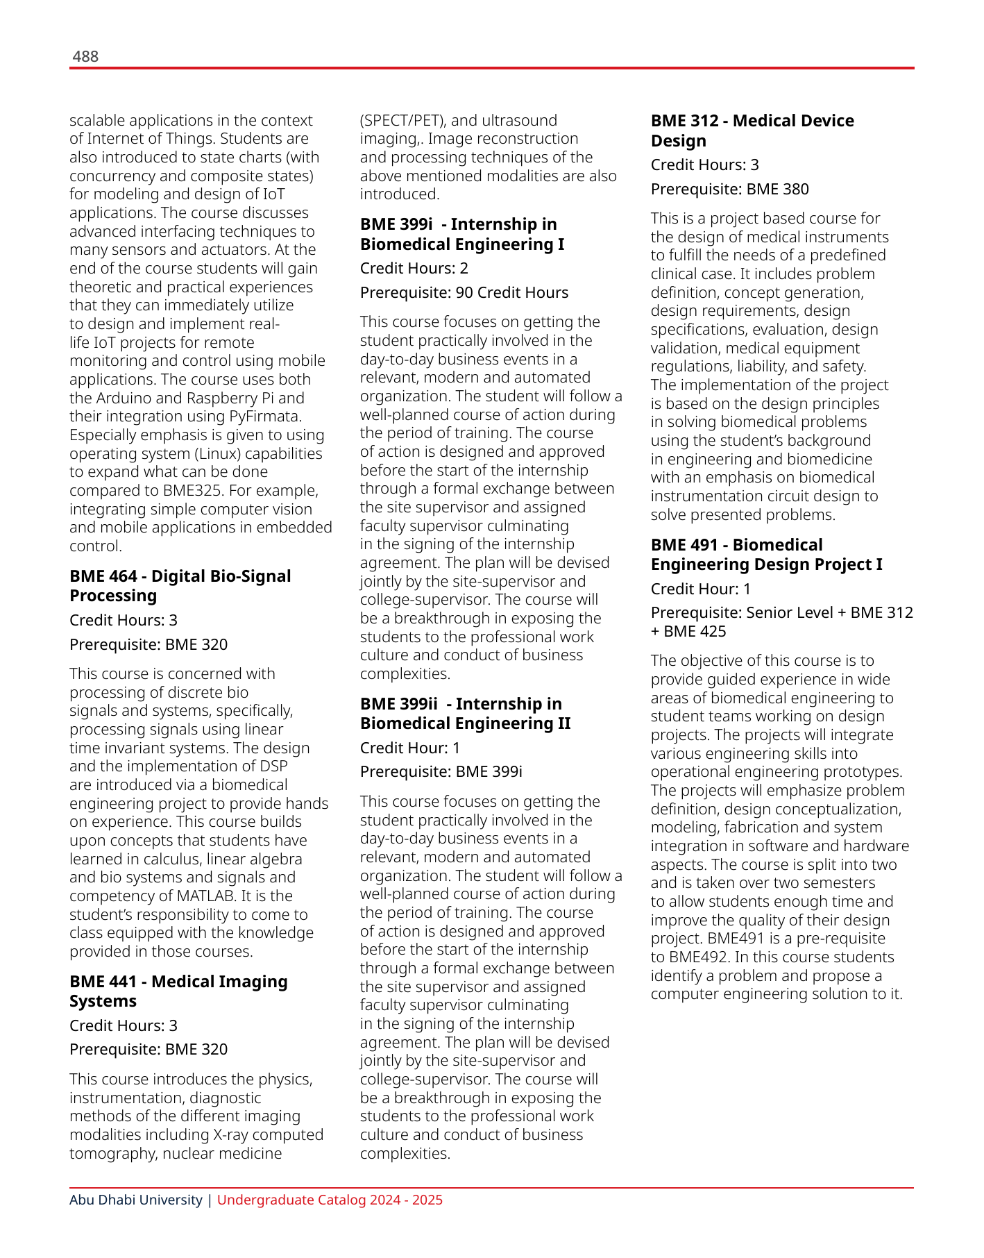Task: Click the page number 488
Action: click(85, 57)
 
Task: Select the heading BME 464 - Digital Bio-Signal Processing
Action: click(180, 586)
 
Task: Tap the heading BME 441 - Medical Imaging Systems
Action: click(178, 991)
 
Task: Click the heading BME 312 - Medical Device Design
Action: click(752, 131)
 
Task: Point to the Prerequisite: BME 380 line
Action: click(729, 189)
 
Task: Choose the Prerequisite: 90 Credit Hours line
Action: click(464, 293)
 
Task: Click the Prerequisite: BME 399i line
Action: click(441, 772)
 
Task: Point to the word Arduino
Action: click(125, 399)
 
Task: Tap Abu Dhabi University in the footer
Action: click(135, 1200)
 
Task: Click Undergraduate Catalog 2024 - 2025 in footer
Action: click(330, 1200)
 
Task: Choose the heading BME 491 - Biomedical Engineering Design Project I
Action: click(766, 555)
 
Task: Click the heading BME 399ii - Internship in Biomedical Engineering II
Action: click(465, 714)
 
